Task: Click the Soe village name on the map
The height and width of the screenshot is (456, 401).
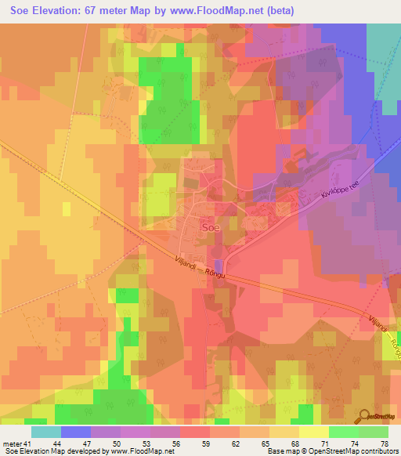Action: pyautogui.click(x=211, y=226)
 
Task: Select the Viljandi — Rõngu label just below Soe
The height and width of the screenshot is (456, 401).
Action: pyautogui.click(x=200, y=270)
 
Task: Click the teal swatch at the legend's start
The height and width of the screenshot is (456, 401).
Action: pyautogui.click(x=46, y=432)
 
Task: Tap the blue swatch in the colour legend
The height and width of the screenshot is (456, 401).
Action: pyautogui.click(x=76, y=432)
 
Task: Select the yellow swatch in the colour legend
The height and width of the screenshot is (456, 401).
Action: pyautogui.click(x=313, y=432)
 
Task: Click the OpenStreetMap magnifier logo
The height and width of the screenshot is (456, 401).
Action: pyautogui.click(x=363, y=417)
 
